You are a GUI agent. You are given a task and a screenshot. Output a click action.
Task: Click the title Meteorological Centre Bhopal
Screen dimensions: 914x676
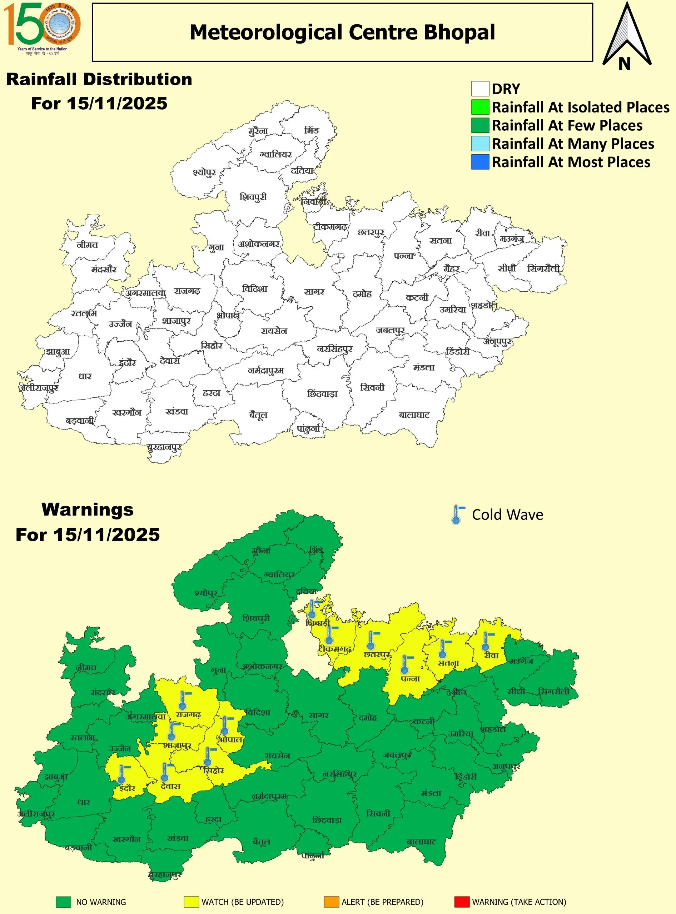pyautogui.click(x=342, y=32)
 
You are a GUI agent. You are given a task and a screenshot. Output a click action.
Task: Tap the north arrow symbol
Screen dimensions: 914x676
pyautogui.click(x=626, y=37)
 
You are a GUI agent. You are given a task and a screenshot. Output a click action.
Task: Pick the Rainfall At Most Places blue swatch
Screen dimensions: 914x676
pyautogui.click(x=480, y=162)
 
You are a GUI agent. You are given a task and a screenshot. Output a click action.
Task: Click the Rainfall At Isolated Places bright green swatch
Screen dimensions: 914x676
pyautogui.click(x=480, y=107)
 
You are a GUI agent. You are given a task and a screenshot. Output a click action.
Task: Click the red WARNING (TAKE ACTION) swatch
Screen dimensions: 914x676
pyautogui.click(x=462, y=902)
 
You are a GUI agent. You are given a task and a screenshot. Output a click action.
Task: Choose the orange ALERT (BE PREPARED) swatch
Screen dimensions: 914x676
pyautogui.click(x=331, y=902)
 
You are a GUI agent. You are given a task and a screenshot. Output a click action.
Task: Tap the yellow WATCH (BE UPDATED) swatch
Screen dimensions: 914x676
pyautogui.click(x=191, y=902)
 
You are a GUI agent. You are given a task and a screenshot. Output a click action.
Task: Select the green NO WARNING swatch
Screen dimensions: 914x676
pyautogui.click(x=64, y=902)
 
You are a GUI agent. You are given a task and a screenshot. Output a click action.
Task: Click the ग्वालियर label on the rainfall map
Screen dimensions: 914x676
pyautogui.click(x=275, y=155)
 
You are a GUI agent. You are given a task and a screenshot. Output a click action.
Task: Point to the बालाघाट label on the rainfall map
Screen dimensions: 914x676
pyautogui.click(x=414, y=415)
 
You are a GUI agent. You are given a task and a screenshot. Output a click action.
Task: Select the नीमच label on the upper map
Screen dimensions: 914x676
pyautogui.click(x=87, y=245)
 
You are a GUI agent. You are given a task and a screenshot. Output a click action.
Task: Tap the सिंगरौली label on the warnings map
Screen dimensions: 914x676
pyautogui.click(x=553, y=692)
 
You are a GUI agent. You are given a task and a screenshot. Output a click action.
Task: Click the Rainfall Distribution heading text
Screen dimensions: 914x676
pyautogui.click(x=99, y=79)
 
